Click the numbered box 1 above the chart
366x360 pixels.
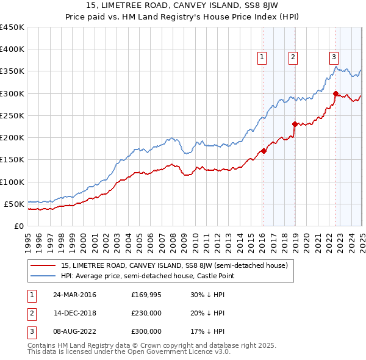pyautogui.click(x=262, y=57)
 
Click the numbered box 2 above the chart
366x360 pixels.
pyautogui.click(x=293, y=57)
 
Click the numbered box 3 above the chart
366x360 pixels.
pyautogui.click(x=334, y=57)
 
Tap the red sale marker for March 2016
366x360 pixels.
pyautogui.click(x=264, y=151)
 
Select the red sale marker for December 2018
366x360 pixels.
pyautogui.click(x=295, y=124)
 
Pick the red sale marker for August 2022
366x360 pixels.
pyautogui.click(x=335, y=93)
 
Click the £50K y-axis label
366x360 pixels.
pyautogui.click(x=14, y=204)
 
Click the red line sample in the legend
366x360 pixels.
pyautogui.click(x=43, y=265)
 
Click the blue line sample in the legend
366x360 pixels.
pyautogui.click(x=43, y=276)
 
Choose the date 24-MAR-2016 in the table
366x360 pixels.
pyautogui.click(x=74, y=295)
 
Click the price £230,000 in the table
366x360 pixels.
pyautogui.click(x=146, y=313)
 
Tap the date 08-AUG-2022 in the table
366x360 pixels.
pyautogui.click(x=74, y=331)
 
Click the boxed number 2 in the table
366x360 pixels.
pyautogui.click(x=30, y=313)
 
